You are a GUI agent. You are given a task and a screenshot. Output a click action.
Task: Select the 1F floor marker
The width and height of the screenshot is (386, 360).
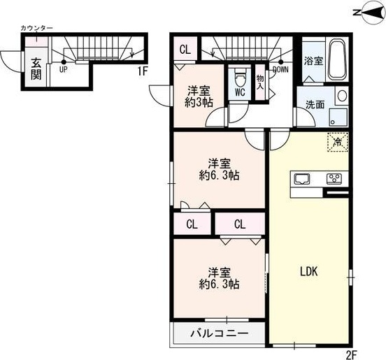pos(143,71)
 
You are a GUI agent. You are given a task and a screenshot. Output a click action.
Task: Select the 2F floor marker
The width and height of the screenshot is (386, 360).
pos(351,353)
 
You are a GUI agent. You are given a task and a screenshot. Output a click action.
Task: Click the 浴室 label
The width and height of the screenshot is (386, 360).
pos(313,62)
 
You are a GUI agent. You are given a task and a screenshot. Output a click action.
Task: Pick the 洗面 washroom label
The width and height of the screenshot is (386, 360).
pos(314,106)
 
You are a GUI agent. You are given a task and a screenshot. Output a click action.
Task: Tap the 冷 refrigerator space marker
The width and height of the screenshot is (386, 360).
pos(337,142)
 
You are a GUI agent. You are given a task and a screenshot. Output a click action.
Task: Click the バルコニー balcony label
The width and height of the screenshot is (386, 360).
pos(220,334)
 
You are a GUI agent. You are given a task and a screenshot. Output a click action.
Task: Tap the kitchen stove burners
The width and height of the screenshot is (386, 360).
pos(334,178)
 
